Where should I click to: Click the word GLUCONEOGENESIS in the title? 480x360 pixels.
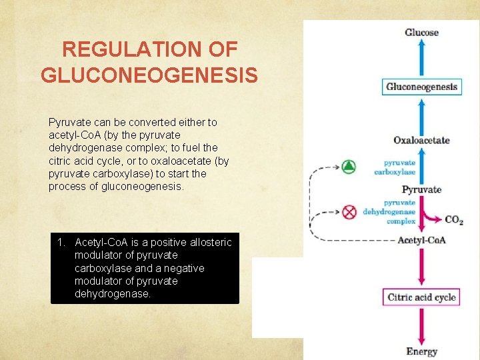149,75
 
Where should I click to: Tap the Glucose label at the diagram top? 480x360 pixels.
421,32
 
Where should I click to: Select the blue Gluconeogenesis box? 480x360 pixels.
421,87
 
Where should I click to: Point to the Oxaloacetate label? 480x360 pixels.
421,140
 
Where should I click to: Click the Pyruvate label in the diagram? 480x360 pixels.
421,189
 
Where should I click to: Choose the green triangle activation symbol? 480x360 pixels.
349,167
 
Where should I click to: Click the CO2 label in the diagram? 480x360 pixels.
453,220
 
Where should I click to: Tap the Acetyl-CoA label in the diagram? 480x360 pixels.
421,240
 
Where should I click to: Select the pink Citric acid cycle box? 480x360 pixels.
421,297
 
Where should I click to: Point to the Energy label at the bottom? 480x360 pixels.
421,351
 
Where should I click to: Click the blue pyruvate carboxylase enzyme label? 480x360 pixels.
395,167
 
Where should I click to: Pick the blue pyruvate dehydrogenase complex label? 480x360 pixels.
389,212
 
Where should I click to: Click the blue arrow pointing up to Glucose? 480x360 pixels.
421,57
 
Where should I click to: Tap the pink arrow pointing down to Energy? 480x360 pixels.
421,327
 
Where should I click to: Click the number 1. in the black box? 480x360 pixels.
62,242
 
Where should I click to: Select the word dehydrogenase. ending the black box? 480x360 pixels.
113,293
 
